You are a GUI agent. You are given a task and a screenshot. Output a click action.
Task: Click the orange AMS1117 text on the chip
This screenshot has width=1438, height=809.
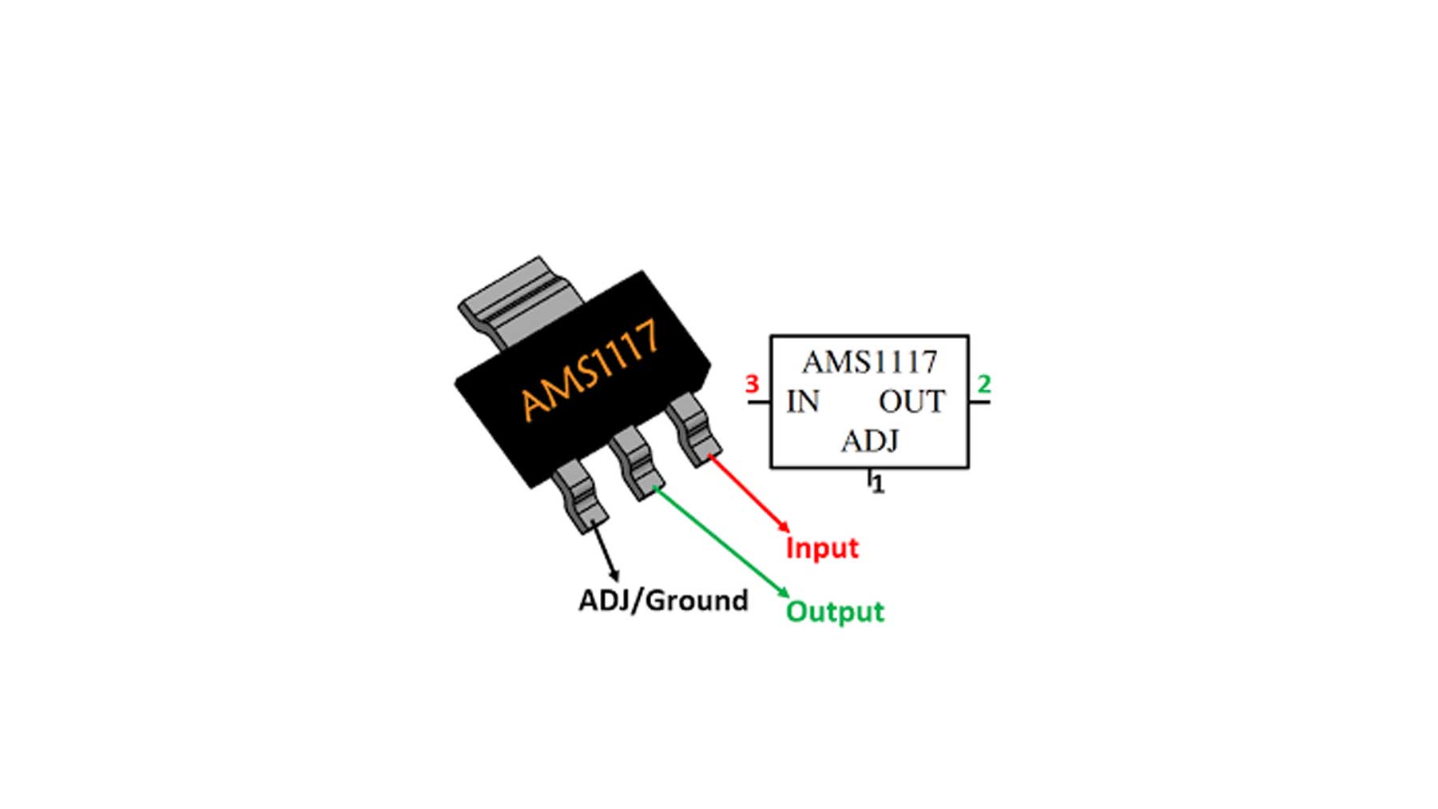(x=590, y=370)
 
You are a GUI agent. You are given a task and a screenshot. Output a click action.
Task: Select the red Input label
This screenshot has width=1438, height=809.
(x=821, y=548)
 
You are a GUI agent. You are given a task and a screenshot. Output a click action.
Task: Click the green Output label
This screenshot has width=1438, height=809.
(x=835, y=612)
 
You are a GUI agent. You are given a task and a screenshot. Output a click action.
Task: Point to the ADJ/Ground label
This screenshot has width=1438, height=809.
(x=663, y=600)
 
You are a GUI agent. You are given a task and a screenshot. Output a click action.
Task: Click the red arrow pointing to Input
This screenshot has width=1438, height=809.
(x=749, y=493)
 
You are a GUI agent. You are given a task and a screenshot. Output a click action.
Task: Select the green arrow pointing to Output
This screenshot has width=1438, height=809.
(x=721, y=541)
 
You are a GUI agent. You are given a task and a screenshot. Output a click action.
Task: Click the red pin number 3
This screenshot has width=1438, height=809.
(x=752, y=385)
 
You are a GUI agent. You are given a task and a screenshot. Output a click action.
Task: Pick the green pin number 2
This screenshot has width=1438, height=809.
(x=984, y=385)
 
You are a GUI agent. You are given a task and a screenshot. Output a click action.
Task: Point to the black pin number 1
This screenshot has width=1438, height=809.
(x=878, y=485)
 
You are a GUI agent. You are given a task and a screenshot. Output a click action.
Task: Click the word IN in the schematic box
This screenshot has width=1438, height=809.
(x=803, y=402)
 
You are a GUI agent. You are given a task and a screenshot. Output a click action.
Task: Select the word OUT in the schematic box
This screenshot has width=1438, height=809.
(x=912, y=402)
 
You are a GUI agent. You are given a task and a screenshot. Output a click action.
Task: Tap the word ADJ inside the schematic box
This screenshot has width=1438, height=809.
(x=869, y=441)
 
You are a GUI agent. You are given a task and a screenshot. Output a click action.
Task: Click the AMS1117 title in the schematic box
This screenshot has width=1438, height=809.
(x=869, y=363)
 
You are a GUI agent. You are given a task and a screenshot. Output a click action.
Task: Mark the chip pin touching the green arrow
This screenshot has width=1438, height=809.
(x=637, y=464)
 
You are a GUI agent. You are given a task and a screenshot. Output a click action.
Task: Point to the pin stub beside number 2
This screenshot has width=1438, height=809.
(x=979, y=402)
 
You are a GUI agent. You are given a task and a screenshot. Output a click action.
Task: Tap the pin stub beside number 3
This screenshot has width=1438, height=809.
(x=759, y=402)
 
